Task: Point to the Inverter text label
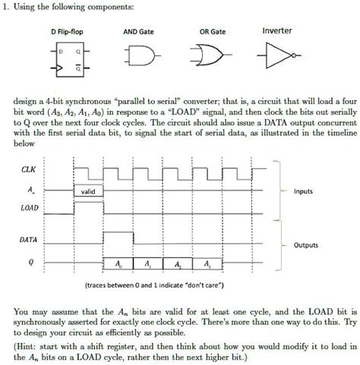tap(277, 31)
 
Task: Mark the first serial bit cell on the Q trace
tap(118, 265)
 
